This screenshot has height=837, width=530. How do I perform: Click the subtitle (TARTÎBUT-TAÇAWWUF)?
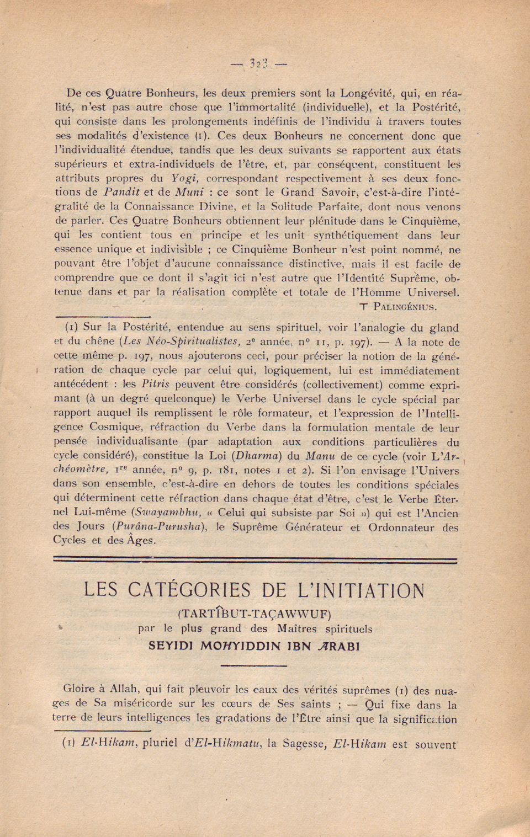(255, 614)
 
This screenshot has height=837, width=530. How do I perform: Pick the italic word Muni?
(189, 193)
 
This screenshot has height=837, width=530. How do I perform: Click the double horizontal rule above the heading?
(255, 561)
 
